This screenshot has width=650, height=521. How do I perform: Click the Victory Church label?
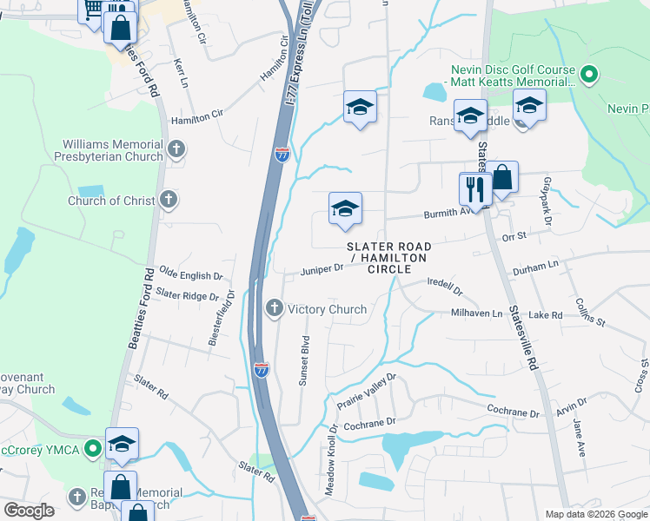point(327,309)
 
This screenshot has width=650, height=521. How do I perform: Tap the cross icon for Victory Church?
point(275,308)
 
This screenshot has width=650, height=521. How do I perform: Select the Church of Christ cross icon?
point(169,201)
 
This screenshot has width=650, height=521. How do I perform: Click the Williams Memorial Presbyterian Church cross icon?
point(176,149)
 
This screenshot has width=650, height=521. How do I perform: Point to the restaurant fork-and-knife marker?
point(474,189)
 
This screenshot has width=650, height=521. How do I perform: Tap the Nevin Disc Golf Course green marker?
point(590,76)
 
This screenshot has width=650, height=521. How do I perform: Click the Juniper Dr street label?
point(322,269)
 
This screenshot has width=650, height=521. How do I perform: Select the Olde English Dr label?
point(190,275)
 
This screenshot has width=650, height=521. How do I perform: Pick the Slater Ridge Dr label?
point(189,295)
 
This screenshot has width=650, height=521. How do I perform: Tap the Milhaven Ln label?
point(476,313)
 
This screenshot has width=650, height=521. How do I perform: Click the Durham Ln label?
point(534,267)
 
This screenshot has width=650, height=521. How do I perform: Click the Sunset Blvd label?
point(305,359)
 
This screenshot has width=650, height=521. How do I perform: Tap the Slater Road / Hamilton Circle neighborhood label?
point(388,258)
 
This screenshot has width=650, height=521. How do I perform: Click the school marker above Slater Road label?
point(345,209)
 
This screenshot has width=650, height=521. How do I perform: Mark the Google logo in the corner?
point(29,511)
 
